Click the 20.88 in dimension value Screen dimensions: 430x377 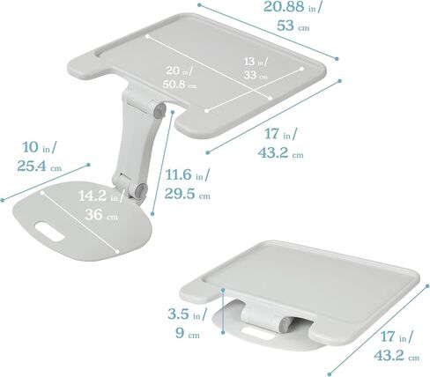[x=292, y=6]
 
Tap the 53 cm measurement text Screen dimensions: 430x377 [x=293, y=26]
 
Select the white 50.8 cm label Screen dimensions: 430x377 [x=180, y=85]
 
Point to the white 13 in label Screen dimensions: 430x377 [x=256, y=62]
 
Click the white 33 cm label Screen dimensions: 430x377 [x=256, y=75]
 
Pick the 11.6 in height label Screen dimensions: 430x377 [x=188, y=175]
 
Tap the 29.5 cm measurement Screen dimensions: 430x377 [x=188, y=194]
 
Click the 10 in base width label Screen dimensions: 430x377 [x=40, y=147]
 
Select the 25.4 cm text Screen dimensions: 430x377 [x=40, y=166]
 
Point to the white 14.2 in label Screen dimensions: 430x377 [x=101, y=196]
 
